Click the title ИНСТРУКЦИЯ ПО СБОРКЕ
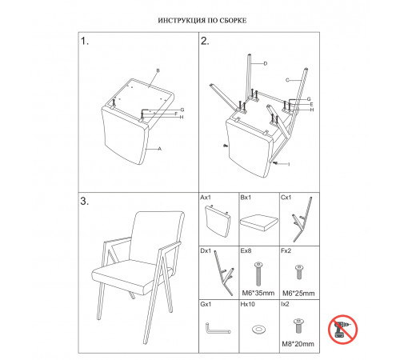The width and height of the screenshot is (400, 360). point(202,21)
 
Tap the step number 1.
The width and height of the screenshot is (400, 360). point(85,42)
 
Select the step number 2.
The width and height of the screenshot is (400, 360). point(205,42)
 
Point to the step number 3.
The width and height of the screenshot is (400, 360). point(85,201)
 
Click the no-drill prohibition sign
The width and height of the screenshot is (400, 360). point(342,330)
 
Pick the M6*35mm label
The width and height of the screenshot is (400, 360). point(258,293)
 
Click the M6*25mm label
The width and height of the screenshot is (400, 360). point(298,294)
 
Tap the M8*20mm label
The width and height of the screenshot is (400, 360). point(298,344)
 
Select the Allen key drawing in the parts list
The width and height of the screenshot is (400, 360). point(218,329)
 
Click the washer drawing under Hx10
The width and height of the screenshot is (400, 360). point(258,329)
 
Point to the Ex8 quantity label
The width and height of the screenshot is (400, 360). point(246,251)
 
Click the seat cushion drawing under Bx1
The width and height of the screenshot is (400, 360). point(258,222)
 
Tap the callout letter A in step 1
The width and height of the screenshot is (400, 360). point(160,149)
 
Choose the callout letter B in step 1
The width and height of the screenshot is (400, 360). point(158,70)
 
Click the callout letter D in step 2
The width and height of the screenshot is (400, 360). point(265,63)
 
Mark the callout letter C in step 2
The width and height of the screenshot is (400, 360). point(287,80)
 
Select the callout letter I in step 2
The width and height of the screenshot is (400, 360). point(289,164)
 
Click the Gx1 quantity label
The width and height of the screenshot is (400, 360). point(206,304)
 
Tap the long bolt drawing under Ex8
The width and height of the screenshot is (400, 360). point(258,274)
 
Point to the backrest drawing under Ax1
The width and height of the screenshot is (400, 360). point(218,221)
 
